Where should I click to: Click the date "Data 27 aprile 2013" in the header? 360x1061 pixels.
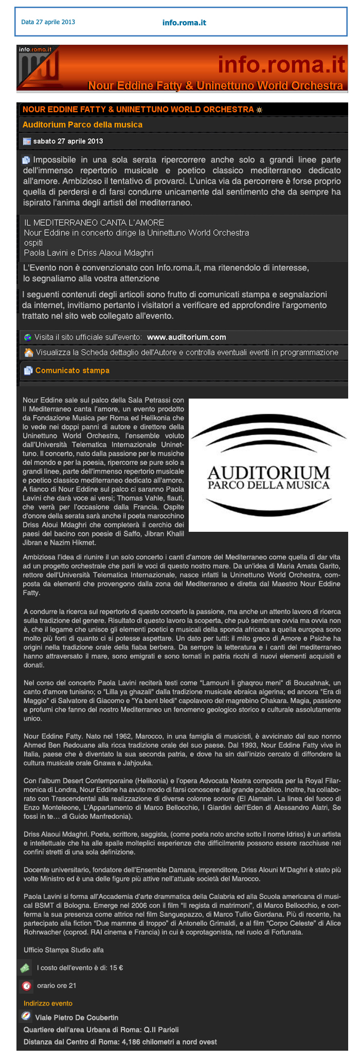pyautogui.click(x=48, y=22)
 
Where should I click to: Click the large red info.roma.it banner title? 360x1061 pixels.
pyautogui.click(x=281, y=65)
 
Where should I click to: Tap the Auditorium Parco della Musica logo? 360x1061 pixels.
pyautogui.click(x=268, y=464)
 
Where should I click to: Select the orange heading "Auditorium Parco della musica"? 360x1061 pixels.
pyautogui.click(x=82, y=125)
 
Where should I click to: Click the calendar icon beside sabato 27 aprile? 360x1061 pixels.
pyautogui.click(x=27, y=141)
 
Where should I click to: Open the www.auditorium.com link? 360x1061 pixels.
pyautogui.click(x=186, y=337)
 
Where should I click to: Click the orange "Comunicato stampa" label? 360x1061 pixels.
pyautogui.click(x=72, y=370)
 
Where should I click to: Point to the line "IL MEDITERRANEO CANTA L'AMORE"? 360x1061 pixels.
pyautogui.click(x=94, y=223)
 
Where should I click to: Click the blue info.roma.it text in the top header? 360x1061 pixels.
pyautogui.click(x=184, y=23)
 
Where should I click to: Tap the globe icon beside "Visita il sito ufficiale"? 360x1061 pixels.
pyautogui.click(x=28, y=337)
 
